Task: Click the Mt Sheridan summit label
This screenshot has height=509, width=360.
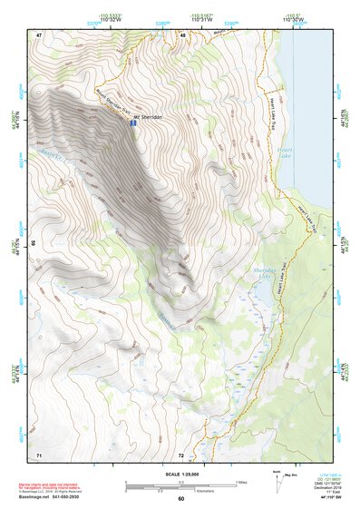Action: [147, 117]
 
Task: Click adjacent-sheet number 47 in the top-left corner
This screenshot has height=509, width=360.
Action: [39, 35]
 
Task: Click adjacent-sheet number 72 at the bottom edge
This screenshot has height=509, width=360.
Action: [181, 454]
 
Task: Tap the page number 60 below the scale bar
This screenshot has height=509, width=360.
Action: [180, 498]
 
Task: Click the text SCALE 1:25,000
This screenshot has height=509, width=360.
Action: [180, 473]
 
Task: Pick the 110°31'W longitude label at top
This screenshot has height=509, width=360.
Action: [202, 20]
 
